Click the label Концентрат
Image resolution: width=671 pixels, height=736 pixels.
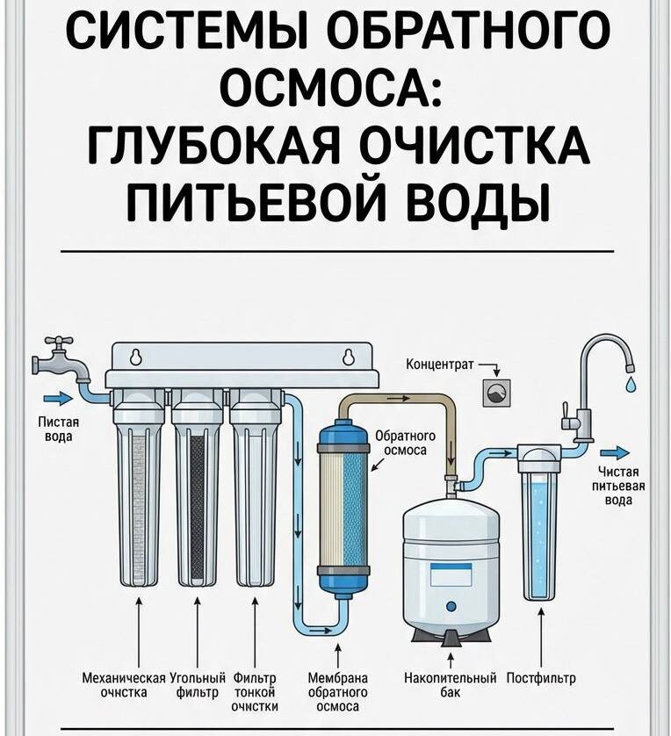(x=439, y=364)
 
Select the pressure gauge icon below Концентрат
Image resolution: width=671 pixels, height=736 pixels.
(x=497, y=393)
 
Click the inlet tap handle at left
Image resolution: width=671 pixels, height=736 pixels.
(x=58, y=341)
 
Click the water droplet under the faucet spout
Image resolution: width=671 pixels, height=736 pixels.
(x=630, y=384)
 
